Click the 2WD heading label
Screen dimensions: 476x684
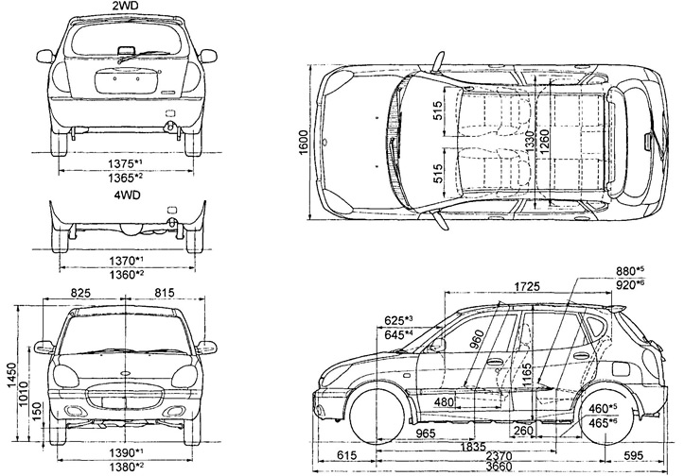point(123,7)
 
